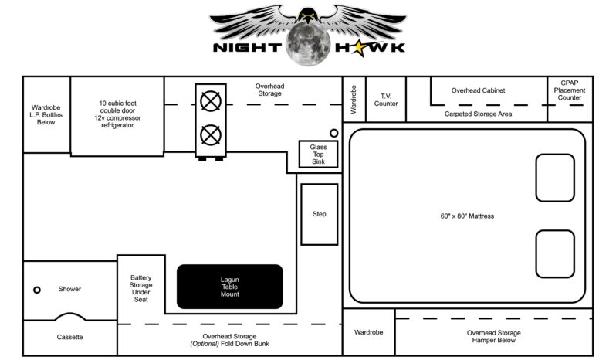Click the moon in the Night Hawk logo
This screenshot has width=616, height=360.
click(x=307, y=45)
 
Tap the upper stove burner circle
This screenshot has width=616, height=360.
click(x=209, y=102)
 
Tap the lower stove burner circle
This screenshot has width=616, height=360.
click(x=209, y=135)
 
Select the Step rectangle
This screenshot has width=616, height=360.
click(x=319, y=214)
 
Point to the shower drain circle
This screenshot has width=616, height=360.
click(x=36, y=290)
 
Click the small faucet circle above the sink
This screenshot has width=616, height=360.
click(x=334, y=133)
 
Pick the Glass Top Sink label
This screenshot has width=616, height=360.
click(x=319, y=154)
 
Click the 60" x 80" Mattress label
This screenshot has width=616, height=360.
click(x=462, y=216)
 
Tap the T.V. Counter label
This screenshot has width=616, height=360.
click(x=385, y=99)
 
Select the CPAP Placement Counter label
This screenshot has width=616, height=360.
click(x=569, y=90)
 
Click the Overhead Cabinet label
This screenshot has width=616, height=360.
click(x=478, y=90)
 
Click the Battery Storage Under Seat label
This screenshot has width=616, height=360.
click(x=141, y=287)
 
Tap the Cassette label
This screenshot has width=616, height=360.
click(x=69, y=337)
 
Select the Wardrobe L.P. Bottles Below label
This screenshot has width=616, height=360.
click(x=46, y=114)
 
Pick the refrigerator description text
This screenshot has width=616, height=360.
click(x=117, y=114)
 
